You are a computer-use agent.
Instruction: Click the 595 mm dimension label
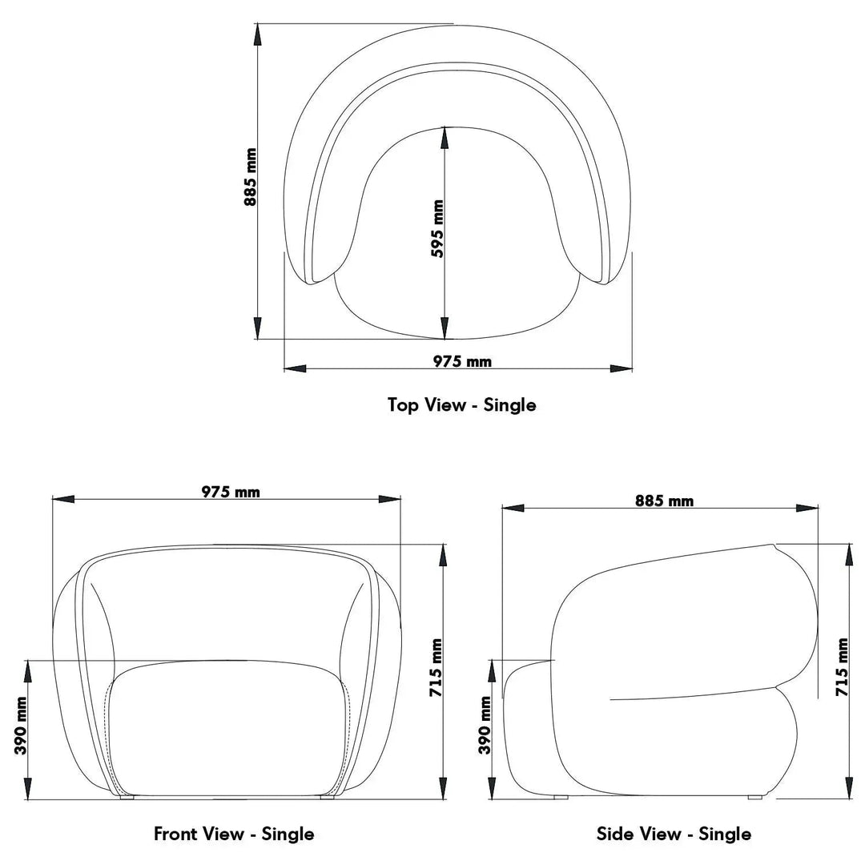437,229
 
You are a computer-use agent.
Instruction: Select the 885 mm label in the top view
251,177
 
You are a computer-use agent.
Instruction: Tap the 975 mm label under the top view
462,361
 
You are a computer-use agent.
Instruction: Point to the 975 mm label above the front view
231,492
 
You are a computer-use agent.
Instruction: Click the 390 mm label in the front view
21,726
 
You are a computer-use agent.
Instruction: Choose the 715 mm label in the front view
437,668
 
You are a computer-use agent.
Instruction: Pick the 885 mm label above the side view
664,501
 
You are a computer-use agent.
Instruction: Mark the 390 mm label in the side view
485,726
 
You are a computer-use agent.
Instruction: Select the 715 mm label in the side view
842,667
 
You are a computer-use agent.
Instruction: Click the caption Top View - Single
462,404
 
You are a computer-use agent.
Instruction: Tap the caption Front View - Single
234,834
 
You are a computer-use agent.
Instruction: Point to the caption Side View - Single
674,834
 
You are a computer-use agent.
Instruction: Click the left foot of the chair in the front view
127,798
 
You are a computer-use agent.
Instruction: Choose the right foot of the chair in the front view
327,798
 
